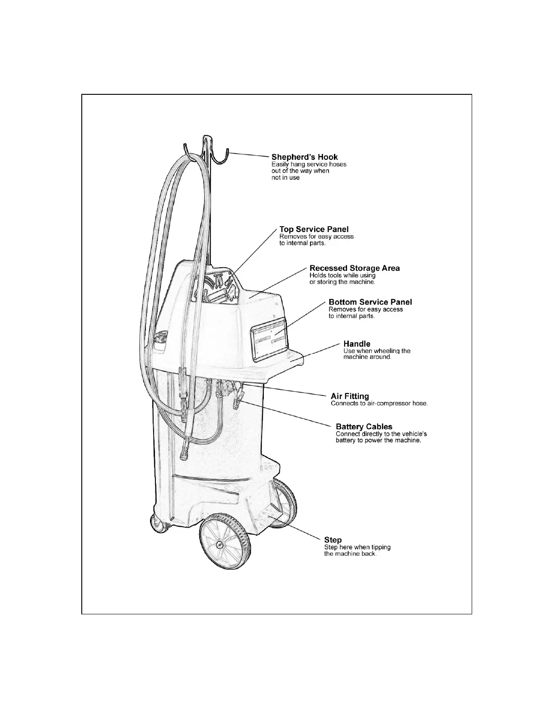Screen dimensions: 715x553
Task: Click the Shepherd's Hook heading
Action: tap(304, 157)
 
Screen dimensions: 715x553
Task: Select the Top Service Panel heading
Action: tap(314, 229)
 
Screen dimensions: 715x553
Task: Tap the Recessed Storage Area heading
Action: tap(354, 268)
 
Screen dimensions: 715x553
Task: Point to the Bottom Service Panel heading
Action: tap(370, 302)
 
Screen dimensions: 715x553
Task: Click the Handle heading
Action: tap(356, 344)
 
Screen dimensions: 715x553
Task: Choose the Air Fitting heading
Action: tap(350, 396)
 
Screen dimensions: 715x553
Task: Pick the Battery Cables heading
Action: tap(364, 427)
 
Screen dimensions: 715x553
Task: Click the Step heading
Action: tap(333, 540)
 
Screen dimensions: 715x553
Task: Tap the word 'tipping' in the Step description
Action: tap(381, 547)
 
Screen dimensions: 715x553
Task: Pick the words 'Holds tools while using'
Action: tap(342, 275)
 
